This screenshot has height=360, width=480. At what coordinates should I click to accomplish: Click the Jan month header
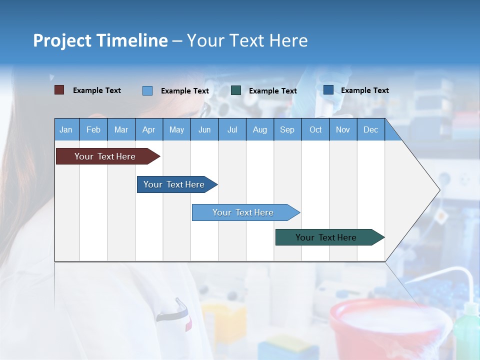click(x=66, y=129)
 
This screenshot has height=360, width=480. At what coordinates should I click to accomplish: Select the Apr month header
click(x=149, y=129)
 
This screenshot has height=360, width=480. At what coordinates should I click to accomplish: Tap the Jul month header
click(x=232, y=129)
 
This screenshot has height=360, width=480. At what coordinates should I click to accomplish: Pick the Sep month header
click(x=287, y=129)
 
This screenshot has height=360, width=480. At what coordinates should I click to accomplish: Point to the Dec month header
click(x=370, y=129)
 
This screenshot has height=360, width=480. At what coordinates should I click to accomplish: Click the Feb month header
click(x=93, y=129)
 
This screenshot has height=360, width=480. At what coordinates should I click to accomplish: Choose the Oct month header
click(x=315, y=129)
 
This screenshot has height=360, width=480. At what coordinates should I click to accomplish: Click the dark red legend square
click(x=59, y=90)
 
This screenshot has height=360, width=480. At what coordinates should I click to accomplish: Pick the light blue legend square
click(x=147, y=90)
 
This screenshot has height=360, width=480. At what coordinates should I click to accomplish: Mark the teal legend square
click(x=236, y=90)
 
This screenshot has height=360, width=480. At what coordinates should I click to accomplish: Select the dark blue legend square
click(x=328, y=90)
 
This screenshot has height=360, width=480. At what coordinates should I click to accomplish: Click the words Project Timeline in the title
click(x=100, y=40)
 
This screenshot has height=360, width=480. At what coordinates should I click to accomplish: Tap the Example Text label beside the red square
click(x=97, y=90)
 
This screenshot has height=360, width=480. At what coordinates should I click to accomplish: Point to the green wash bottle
click(x=466, y=330)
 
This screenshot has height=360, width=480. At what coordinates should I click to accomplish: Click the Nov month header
click(x=343, y=129)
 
